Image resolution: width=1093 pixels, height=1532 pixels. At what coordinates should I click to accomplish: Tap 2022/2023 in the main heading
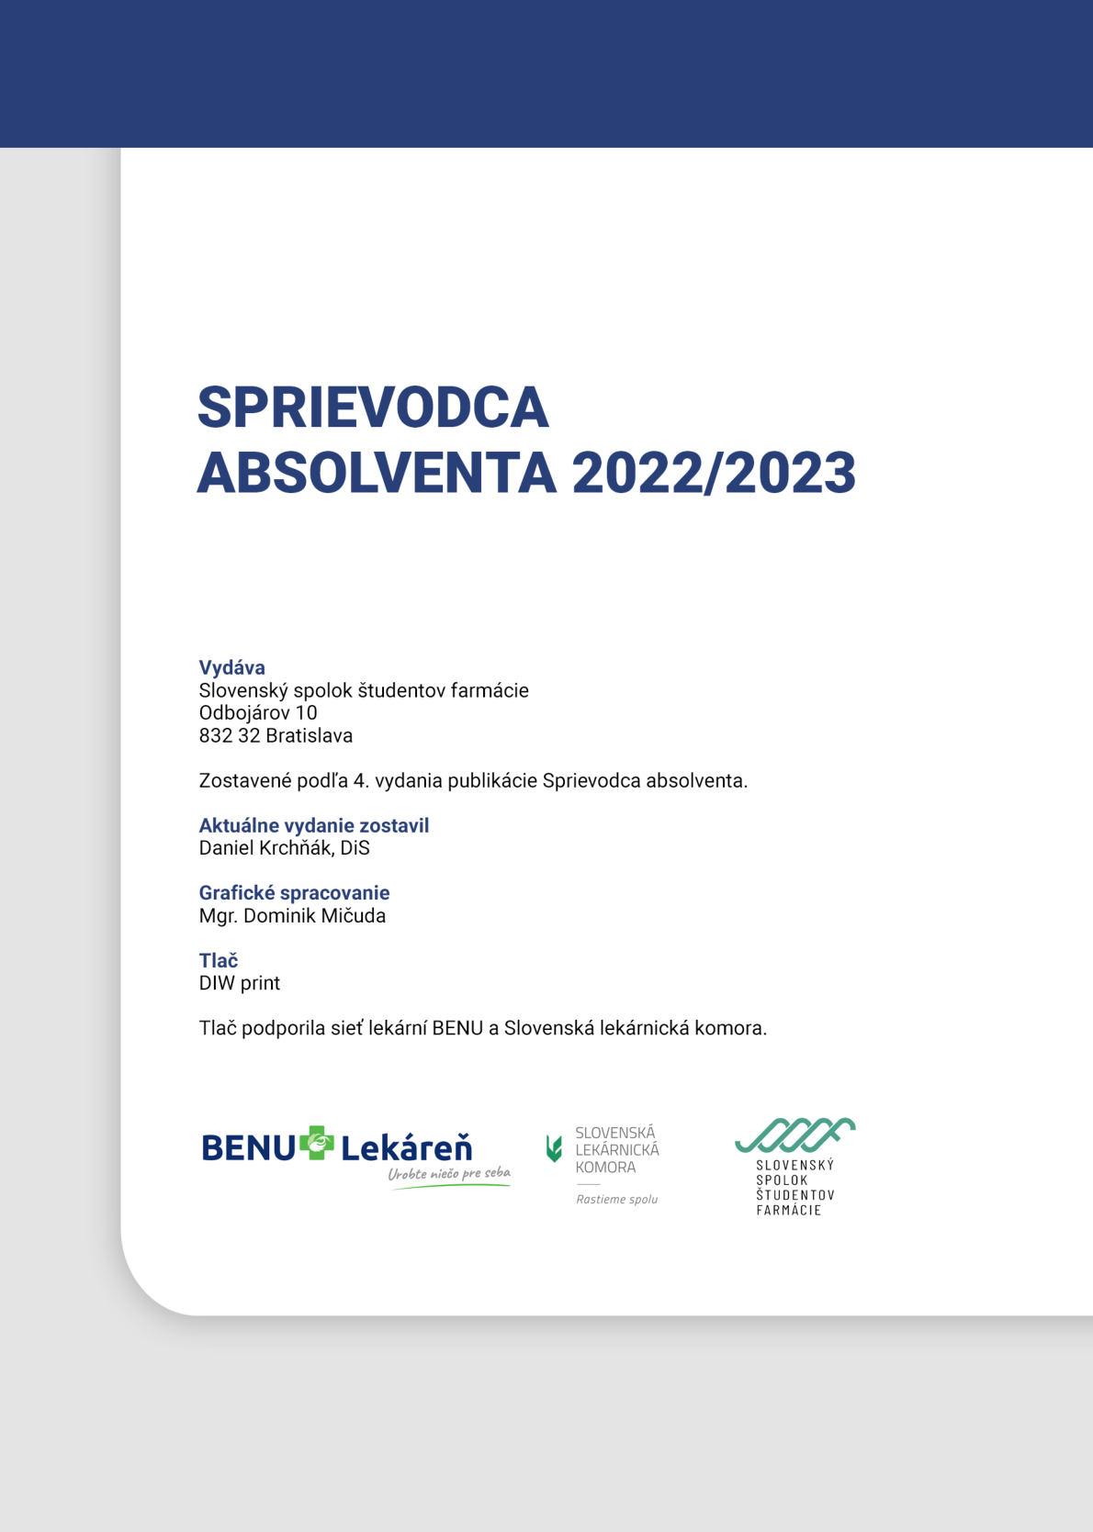click(x=714, y=473)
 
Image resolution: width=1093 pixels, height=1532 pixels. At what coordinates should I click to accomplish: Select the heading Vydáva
click(x=231, y=667)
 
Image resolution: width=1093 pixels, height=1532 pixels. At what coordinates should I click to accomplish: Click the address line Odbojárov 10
click(x=258, y=712)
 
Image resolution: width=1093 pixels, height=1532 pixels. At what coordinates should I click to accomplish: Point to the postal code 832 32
click(x=230, y=735)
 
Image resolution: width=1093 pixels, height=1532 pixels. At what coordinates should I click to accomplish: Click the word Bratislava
click(x=309, y=735)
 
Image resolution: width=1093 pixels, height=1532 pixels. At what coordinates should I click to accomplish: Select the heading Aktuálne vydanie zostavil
click(x=314, y=825)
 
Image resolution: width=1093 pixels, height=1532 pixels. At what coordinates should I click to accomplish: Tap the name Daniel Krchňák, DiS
click(x=284, y=847)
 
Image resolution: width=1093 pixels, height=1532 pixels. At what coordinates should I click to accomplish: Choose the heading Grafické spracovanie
click(x=294, y=892)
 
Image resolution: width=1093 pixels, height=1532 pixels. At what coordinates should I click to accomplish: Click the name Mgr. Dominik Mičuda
click(x=292, y=915)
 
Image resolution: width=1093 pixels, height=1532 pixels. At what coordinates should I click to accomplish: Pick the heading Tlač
click(x=219, y=960)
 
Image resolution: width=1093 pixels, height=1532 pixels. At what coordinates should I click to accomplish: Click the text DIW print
click(x=240, y=983)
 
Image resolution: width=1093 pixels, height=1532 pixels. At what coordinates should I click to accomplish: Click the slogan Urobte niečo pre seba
click(x=449, y=1174)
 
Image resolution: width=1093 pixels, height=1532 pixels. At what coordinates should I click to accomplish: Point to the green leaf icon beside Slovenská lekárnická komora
click(x=554, y=1147)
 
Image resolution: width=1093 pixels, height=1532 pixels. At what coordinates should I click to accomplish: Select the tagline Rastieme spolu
click(x=616, y=1199)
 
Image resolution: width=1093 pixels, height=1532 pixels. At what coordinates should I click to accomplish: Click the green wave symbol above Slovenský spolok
click(x=794, y=1135)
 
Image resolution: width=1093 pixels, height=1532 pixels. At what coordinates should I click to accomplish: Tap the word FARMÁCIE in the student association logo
click(x=788, y=1210)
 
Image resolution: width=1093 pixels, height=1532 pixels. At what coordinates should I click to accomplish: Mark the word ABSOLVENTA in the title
click(x=377, y=473)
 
